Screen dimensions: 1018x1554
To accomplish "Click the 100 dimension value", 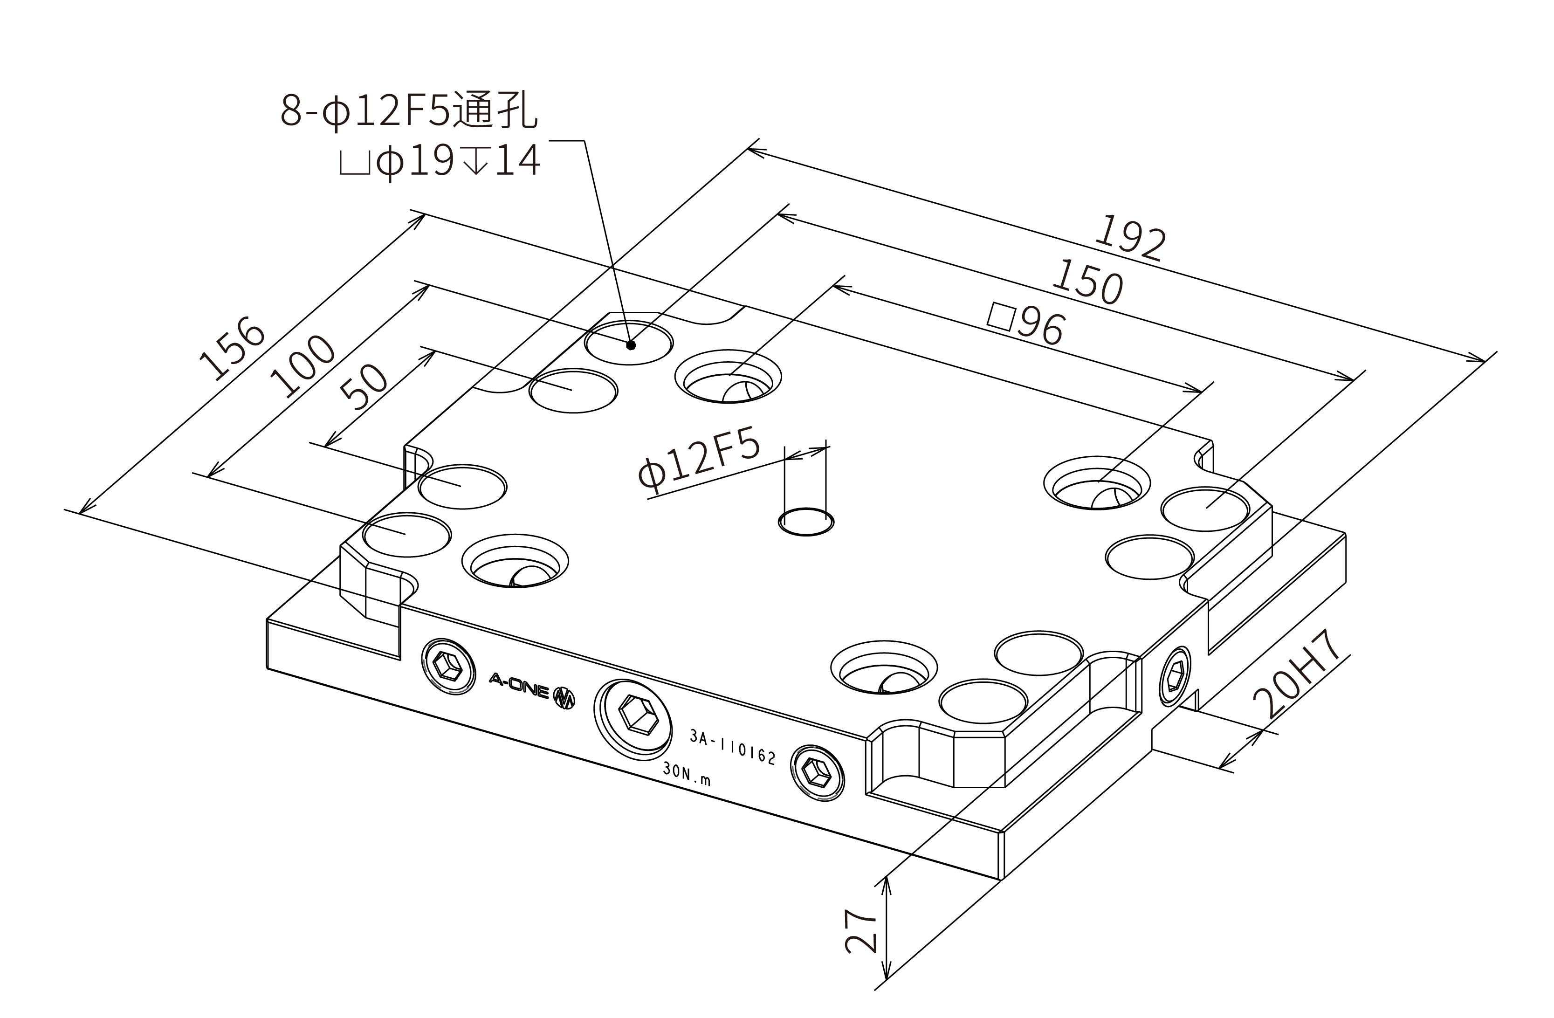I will (303, 366).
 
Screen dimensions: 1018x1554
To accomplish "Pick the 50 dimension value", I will (364, 386).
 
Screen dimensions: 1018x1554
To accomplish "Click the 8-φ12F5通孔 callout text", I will (409, 110).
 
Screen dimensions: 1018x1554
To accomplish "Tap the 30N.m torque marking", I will (686, 773).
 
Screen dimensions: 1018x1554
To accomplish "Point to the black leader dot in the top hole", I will (630, 345).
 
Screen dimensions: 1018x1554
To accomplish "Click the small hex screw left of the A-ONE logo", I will (449, 667).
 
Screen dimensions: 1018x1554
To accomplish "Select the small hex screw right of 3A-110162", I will (817, 772).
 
